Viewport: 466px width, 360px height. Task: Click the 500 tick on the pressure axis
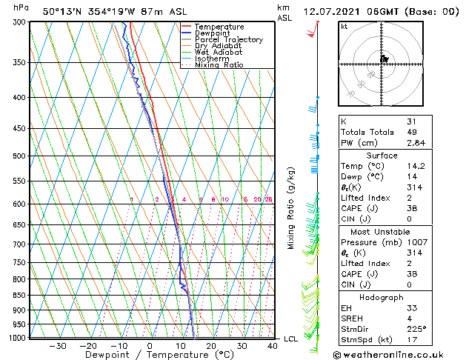tap(19, 156)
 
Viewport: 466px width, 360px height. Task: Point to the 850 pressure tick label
tap(19, 296)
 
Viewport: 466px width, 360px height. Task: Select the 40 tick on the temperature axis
tap(273, 346)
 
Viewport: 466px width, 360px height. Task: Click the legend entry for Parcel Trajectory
tap(228, 40)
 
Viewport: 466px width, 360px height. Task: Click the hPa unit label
tap(21, 8)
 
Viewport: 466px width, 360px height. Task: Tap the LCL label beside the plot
tap(291, 339)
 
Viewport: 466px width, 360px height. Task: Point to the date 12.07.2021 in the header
tap(331, 12)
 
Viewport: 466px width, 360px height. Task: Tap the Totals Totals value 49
tap(412, 133)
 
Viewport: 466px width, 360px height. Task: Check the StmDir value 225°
tap(417, 328)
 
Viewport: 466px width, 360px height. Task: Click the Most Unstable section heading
tap(382, 231)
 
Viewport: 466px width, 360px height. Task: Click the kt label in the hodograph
tap(344, 27)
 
